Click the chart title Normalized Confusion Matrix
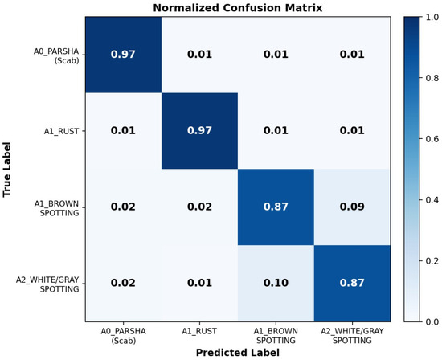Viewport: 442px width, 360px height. point(238,7)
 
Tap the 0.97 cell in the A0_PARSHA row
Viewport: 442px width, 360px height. point(123,54)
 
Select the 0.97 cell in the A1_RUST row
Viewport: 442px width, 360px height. point(199,130)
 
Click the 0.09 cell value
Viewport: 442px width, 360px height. point(352,207)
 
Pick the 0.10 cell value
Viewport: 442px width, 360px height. point(276,283)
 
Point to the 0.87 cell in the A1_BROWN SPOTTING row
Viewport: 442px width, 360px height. point(276,207)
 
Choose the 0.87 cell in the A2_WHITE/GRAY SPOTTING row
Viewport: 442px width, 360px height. point(352,283)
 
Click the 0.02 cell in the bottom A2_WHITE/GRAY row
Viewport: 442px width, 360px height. point(123,283)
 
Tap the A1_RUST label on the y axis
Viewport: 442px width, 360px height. point(61,131)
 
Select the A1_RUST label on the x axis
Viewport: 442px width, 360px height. point(199,331)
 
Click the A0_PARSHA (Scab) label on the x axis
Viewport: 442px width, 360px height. point(124,336)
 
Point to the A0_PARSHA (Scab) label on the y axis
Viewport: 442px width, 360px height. point(56,55)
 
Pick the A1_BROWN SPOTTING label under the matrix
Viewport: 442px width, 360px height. point(276,336)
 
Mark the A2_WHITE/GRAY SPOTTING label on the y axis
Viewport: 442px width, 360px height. point(47,284)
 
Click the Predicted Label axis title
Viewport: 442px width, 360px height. point(238,353)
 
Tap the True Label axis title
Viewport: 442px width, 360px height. point(6,170)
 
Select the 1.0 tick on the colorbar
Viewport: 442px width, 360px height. point(432,17)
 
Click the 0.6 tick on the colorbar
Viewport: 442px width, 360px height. point(432,139)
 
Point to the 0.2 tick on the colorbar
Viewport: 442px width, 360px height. point(432,261)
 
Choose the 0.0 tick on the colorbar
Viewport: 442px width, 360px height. point(432,321)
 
